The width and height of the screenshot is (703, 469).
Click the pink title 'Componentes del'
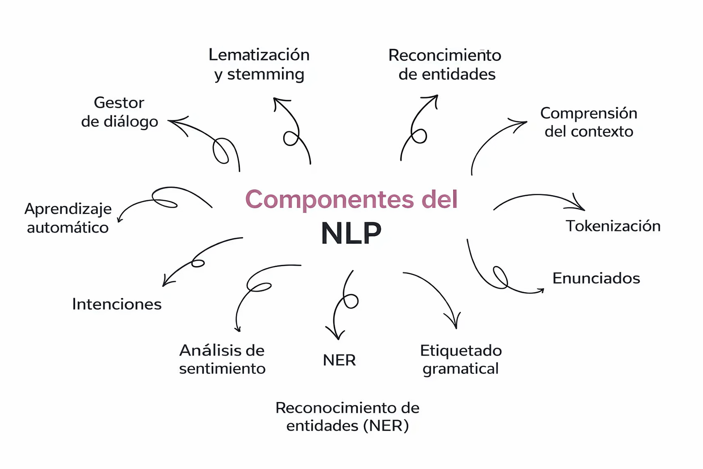[x=351, y=199]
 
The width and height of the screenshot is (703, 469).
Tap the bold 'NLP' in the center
[x=351, y=233]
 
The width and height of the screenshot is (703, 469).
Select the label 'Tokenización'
[x=613, y=226]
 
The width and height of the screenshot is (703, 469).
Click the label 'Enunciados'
[x=596, y=278]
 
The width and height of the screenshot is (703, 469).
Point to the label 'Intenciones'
[x=117, y=304]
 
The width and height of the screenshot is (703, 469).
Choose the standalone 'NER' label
[x=339, y=360]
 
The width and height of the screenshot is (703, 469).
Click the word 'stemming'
[x=265, y=74]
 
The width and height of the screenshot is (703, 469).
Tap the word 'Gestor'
[x=119, y=102]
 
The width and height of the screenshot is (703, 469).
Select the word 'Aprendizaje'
[x=68, y=208]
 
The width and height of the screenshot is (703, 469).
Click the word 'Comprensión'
[x=589, y=113]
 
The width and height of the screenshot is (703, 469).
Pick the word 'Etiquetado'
[x=461, y=350]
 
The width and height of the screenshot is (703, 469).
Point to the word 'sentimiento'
[x=222, y=368]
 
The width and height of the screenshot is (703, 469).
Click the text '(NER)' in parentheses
[x=386, y=425]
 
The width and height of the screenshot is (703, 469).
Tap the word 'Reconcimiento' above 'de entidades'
[x=444, y=55]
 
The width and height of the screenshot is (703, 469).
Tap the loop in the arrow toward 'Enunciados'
[x=500, y=277]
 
